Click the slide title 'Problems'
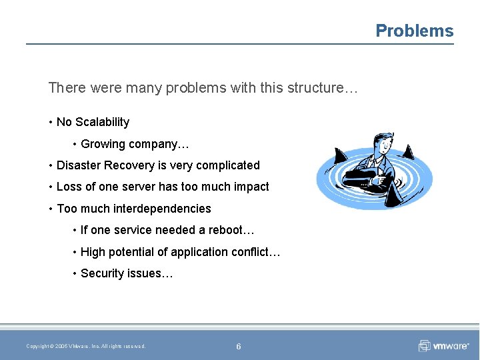point(414,31)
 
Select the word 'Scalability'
point(103,122)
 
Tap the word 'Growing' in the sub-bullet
point(103,144)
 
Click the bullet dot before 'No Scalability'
point(51,122)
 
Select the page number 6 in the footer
point(239,346)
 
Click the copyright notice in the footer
point(85,346)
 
